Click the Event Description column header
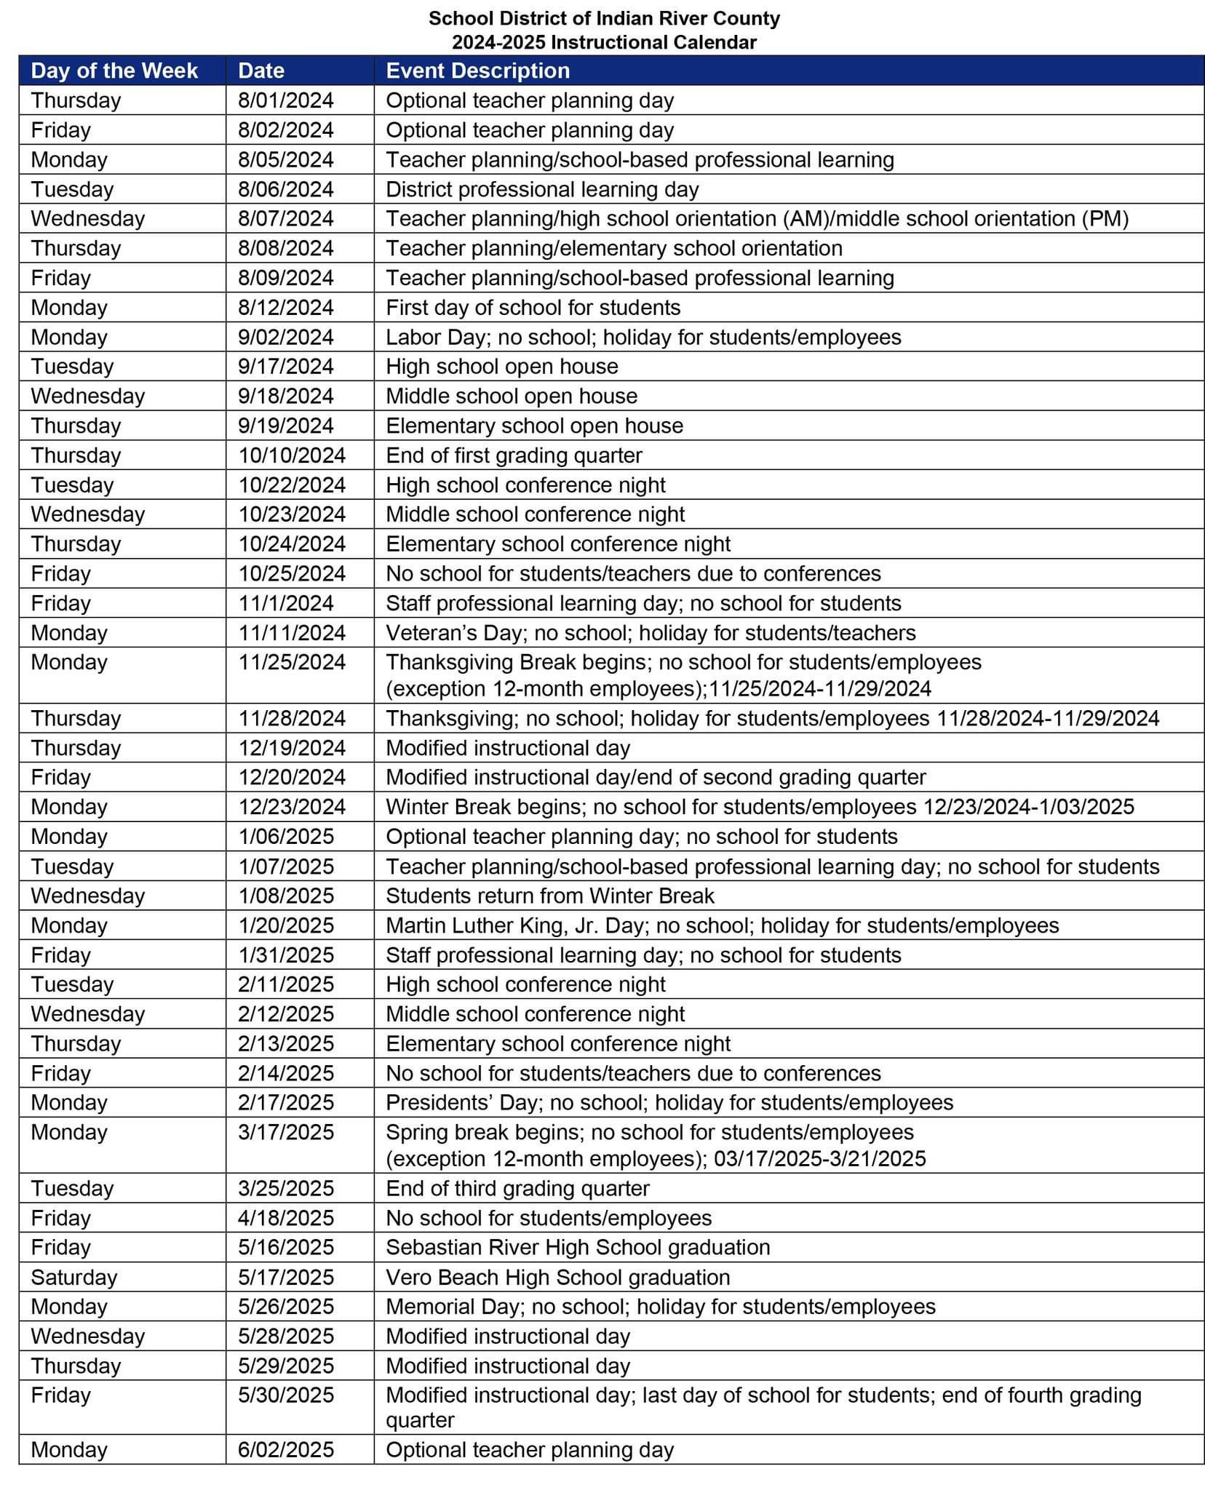coord(477,71)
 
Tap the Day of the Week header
coord(114,71)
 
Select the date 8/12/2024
coord(286,308)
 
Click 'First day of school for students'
coord(533,308)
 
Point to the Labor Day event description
coord(643,338)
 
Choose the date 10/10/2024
coord(292,455)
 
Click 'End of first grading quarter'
coord(514,455)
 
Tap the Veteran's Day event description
coord(651,633)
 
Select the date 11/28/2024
coord(292,719)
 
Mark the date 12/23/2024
coord(292,807)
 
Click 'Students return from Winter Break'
coord(550,896)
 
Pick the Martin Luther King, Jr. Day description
coord(722,925)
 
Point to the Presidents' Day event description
coord(669,1103)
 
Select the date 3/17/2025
coord(286,1133)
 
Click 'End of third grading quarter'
coord(517,1189)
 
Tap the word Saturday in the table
coord(73,1278)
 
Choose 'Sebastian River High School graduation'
coord(578,1248)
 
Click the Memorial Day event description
coord(661,1307)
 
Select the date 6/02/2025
coord(286,1450)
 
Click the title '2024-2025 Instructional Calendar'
coord(604,42)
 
